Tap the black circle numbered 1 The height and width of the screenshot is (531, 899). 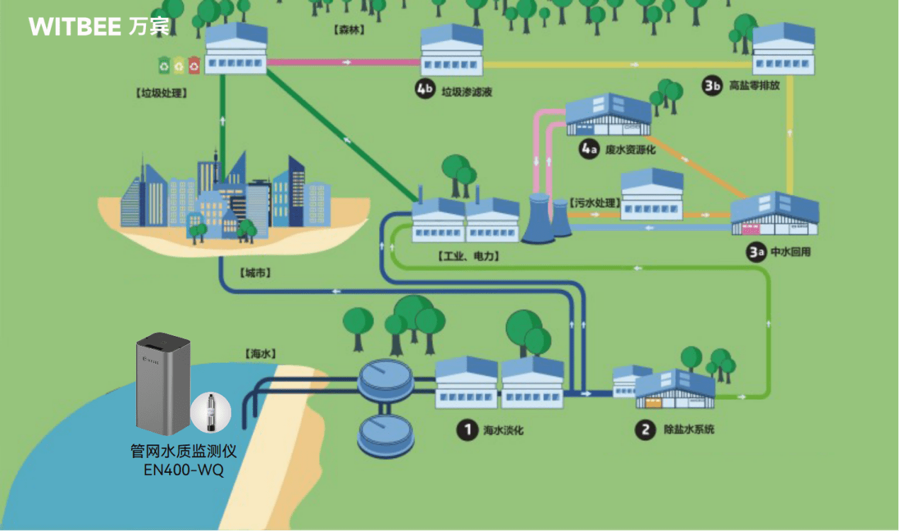(x=466, y=429)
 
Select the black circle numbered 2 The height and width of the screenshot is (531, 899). (x=645, y=429)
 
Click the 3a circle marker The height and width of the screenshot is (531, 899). (x=756, y=251)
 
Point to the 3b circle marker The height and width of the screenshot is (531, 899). (x=712, y=85)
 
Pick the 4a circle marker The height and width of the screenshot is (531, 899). (x=589, y=150)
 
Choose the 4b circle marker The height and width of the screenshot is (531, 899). (x=424, y=90)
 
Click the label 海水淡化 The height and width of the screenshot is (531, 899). (x=503, y=430)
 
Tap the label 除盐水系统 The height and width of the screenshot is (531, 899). (x=689, y=429)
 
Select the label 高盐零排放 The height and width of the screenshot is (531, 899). (x=754, y=86)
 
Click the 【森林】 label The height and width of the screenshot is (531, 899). (x=348, y=30)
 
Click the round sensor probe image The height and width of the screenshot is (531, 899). (x=210, y=413)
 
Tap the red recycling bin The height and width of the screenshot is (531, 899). (x=194, y=65)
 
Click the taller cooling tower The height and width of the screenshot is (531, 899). (x=538, y=218)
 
